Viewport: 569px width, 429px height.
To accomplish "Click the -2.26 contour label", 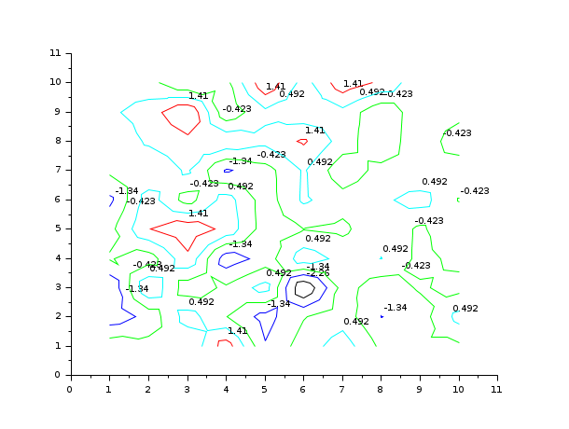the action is coord(318,273).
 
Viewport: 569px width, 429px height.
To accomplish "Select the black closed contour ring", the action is coord(304,289).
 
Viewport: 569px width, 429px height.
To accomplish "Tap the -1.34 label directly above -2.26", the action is coord(318,267).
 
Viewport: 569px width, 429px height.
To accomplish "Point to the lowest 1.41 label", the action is coord(238,331).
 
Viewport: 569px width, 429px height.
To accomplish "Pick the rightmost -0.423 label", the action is coord(475,191).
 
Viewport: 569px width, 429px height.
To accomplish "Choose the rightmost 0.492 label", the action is coord(465,309).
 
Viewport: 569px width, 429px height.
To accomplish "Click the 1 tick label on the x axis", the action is coord(108,388).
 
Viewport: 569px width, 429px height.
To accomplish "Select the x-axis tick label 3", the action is coord(186,388).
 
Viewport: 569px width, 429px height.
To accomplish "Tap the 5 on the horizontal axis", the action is coord(263,388).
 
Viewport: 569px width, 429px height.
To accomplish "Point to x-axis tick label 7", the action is coord(340,388).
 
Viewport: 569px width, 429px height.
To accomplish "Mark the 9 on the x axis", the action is coord(418,388).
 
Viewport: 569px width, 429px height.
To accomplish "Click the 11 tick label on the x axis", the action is coord(495,388).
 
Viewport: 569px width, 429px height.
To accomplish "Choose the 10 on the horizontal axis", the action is coord(457,388).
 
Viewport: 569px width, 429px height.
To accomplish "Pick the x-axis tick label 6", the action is coord(302,388).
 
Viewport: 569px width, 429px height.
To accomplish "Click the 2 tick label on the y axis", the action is coord(57,316).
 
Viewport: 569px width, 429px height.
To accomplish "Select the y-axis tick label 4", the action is coord(57,257).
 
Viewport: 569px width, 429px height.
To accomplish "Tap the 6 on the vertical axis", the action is coord(57,199).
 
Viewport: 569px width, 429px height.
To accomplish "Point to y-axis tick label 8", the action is coord(57,141).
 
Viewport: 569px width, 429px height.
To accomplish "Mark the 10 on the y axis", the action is coord(55,82).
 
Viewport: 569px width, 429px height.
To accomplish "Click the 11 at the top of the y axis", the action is coord(55,53).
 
